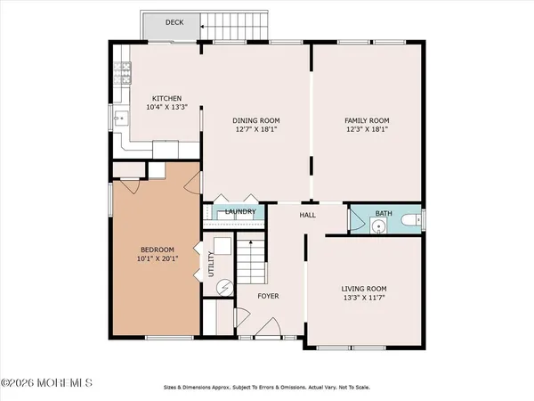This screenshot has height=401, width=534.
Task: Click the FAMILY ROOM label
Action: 368,119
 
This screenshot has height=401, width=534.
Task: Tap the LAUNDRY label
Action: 240,212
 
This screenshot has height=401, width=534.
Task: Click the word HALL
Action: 308,214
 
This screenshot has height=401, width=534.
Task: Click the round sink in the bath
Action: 377,227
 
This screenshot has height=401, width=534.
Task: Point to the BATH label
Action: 383,213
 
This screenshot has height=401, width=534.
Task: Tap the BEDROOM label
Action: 157,249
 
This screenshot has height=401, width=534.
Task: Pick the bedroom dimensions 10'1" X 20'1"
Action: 157,259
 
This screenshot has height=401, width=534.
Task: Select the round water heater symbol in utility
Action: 225,287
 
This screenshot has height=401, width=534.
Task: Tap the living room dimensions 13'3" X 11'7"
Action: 366,299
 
